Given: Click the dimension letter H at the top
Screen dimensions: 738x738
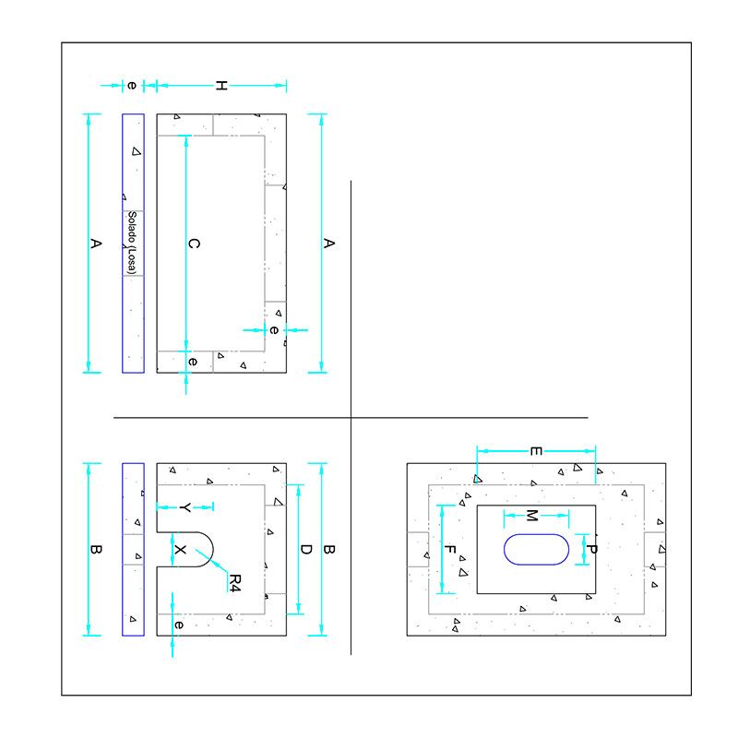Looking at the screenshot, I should pyautogui.click(x=221, y=86).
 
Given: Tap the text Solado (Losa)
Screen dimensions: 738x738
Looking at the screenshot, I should pyautogui.click(x=133, y=244).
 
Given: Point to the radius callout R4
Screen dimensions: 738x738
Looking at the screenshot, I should pyautogui.click(x=234, y=582).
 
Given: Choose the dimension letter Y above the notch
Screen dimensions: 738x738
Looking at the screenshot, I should pyautogui.click(x=184, y=507).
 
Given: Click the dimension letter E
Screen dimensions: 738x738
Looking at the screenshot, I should pyautogui.click(x=535, y=451).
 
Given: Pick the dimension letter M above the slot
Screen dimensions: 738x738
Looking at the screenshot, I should pyautogui.click(x=531, y=514).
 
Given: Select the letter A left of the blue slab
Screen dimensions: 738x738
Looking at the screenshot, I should pyautogui.click(x=94, y=244).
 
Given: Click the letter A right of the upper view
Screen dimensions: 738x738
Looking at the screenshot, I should pyautogui.click(x=328, y=244).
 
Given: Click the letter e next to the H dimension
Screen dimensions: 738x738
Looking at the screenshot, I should pyautogui.click(x=132, y=86).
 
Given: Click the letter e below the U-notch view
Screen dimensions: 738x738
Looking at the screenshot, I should pyautogui.click(x=179, y=625).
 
